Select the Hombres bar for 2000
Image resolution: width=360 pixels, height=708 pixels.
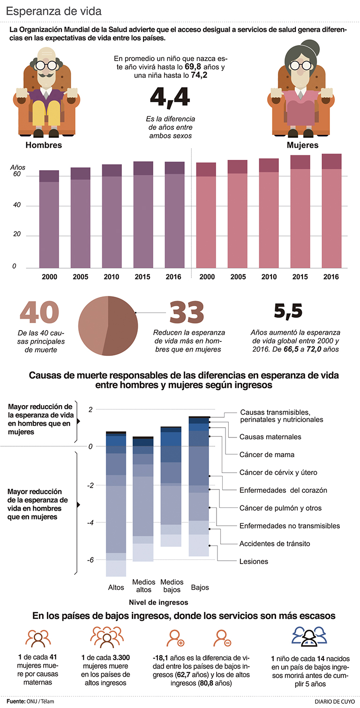pyautogui.click(x=49, y=220)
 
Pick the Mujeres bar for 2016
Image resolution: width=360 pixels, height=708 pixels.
pyautogui.click(x=331, y=213)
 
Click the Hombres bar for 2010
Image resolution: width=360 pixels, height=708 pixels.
pyautogui.click(x=112, y=218)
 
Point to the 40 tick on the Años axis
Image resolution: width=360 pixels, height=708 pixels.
pyautogui.click(x=17, y=206)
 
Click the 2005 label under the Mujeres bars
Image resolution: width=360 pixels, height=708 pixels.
pyautogui.click(x=238, y=277)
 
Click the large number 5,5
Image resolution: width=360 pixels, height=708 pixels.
pyautogui.click(x=288, y=311)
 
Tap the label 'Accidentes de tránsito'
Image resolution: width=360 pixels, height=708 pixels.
pyautogui.click(x=275, y=543)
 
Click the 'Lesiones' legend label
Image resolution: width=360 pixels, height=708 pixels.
pyautogui.click(x=254, y=561)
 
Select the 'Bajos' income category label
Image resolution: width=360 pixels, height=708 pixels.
pyautogui.click(x=200, y=587)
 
